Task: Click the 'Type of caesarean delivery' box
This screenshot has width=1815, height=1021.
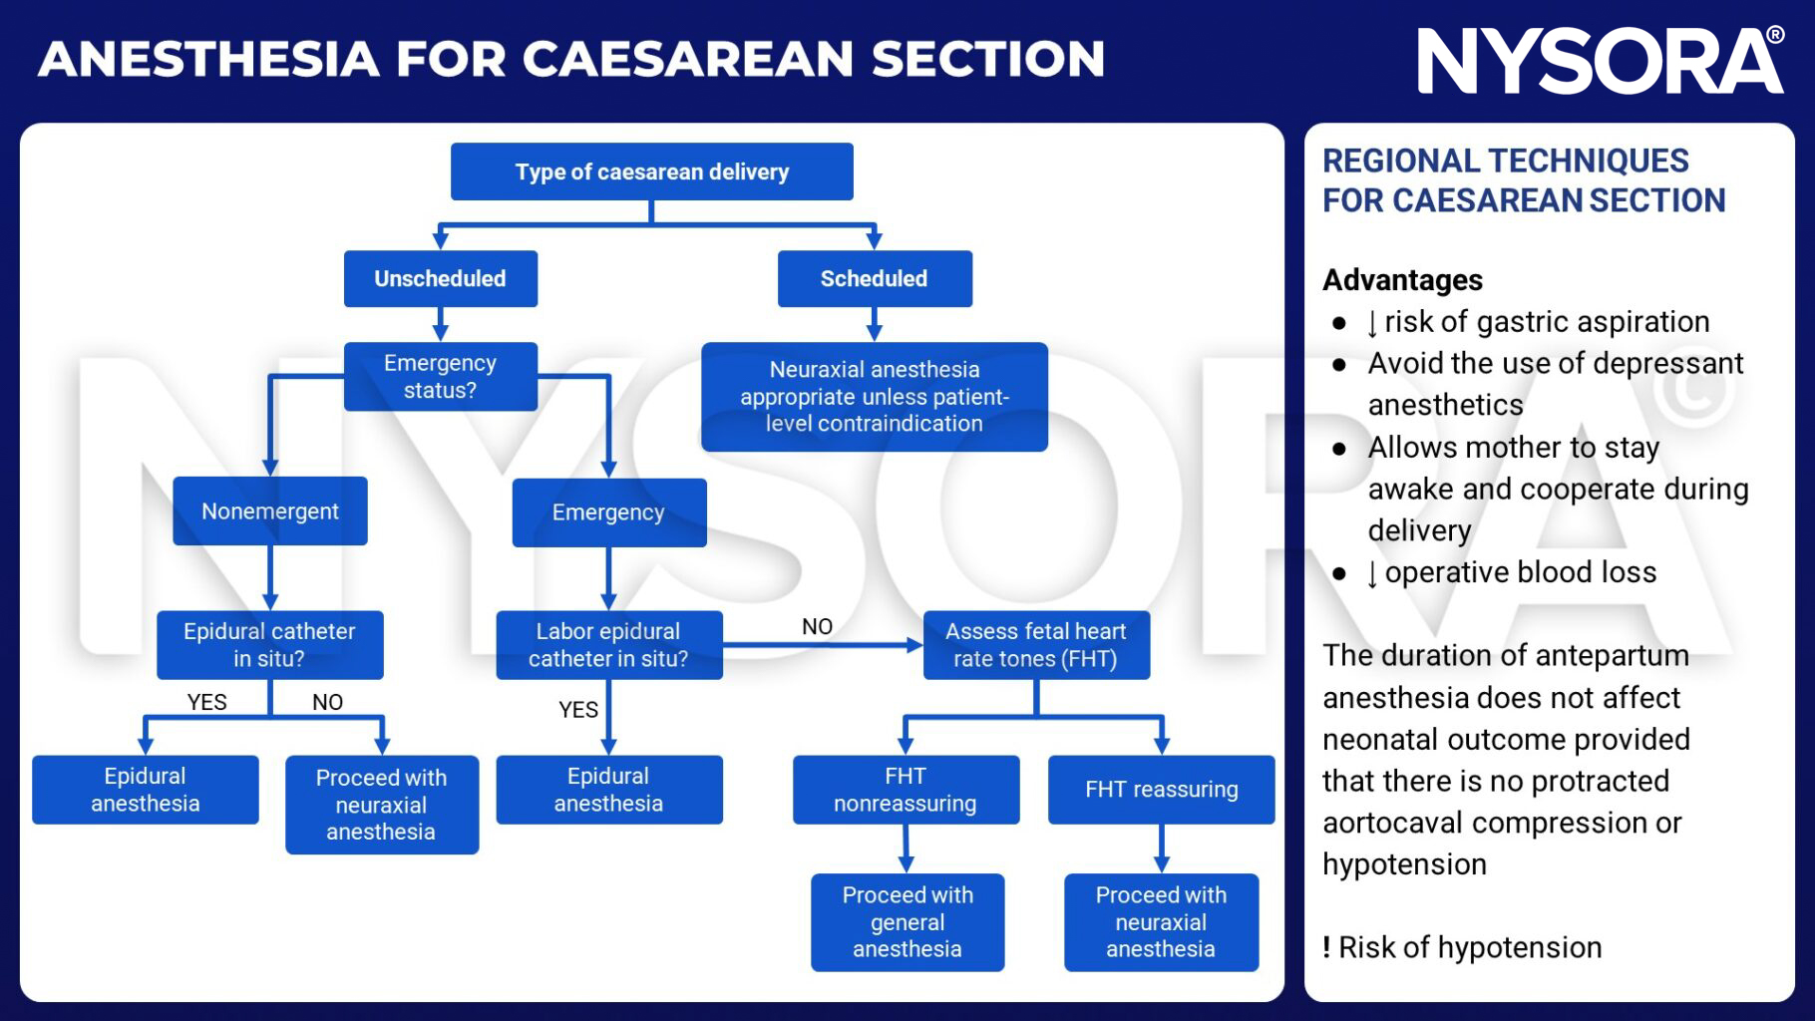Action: click(x=651, y=171)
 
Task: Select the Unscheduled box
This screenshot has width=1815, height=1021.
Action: click(x=440, y=278)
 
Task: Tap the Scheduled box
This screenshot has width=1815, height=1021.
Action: click(x=874, y=278)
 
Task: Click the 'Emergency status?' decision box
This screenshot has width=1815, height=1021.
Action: click(x=440, y=377)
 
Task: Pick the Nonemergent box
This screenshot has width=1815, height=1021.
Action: click(x=269, y=511)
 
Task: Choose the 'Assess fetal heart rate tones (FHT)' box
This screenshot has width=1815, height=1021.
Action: click(x=1035, y=645)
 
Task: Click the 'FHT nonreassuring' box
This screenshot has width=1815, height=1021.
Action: click(x=906, y=790)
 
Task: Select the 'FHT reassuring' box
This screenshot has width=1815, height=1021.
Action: click(x=1161, y=790)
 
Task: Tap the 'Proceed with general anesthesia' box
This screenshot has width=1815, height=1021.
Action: click(x=907, y=922)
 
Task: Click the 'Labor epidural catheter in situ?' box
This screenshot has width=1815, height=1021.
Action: click(x=608, y=645)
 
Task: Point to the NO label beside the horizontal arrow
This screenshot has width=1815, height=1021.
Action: click(x=817, y=627)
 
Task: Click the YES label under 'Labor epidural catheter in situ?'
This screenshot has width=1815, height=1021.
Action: click(x=578, y=710)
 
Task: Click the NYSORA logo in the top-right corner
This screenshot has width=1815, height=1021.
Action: click(x=1600, y=61)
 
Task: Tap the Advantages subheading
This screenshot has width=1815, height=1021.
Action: click(x=1402, y=280)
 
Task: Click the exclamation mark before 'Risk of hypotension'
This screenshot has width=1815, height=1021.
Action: click(x=1326, y=947)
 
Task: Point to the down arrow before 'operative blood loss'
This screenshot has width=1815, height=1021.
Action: click(x=1372, y=573)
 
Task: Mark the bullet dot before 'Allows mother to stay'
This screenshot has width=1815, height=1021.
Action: click(x=1339, y=449)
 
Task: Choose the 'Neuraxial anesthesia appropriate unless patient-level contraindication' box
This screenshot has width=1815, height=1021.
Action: click(x=874, y=397)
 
